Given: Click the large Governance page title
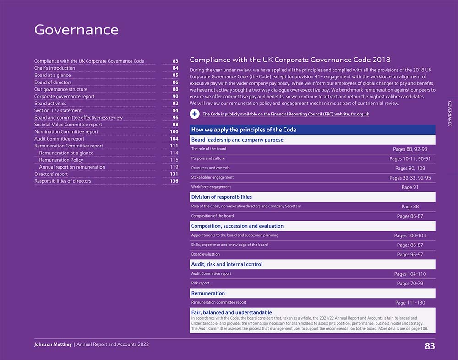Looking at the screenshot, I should click(76, 30).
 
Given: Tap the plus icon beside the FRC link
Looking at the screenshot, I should click(195, 114).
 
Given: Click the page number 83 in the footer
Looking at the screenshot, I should click(429, 346).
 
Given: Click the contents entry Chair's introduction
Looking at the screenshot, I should click(55, 68).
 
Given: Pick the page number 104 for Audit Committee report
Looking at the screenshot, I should click(174, 139).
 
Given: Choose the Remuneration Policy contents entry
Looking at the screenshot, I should click(61, 160).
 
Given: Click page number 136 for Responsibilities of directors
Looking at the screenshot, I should click(174, 181).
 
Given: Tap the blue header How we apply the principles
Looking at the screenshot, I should click(244, 130).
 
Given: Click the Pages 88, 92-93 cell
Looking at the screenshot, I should click(410, 149).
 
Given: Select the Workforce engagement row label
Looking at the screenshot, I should click(211, 187).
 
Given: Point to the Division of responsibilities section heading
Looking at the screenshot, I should click(222, 197).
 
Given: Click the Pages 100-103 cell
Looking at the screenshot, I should click(410, 235).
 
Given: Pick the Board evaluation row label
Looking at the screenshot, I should click(206, 254).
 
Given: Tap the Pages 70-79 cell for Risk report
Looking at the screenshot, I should click(410, 284).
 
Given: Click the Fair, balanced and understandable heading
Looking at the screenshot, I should click(231, 312).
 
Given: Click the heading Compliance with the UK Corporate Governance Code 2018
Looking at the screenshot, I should click(290, 60).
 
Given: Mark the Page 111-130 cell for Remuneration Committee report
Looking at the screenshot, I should click(410, 303).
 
